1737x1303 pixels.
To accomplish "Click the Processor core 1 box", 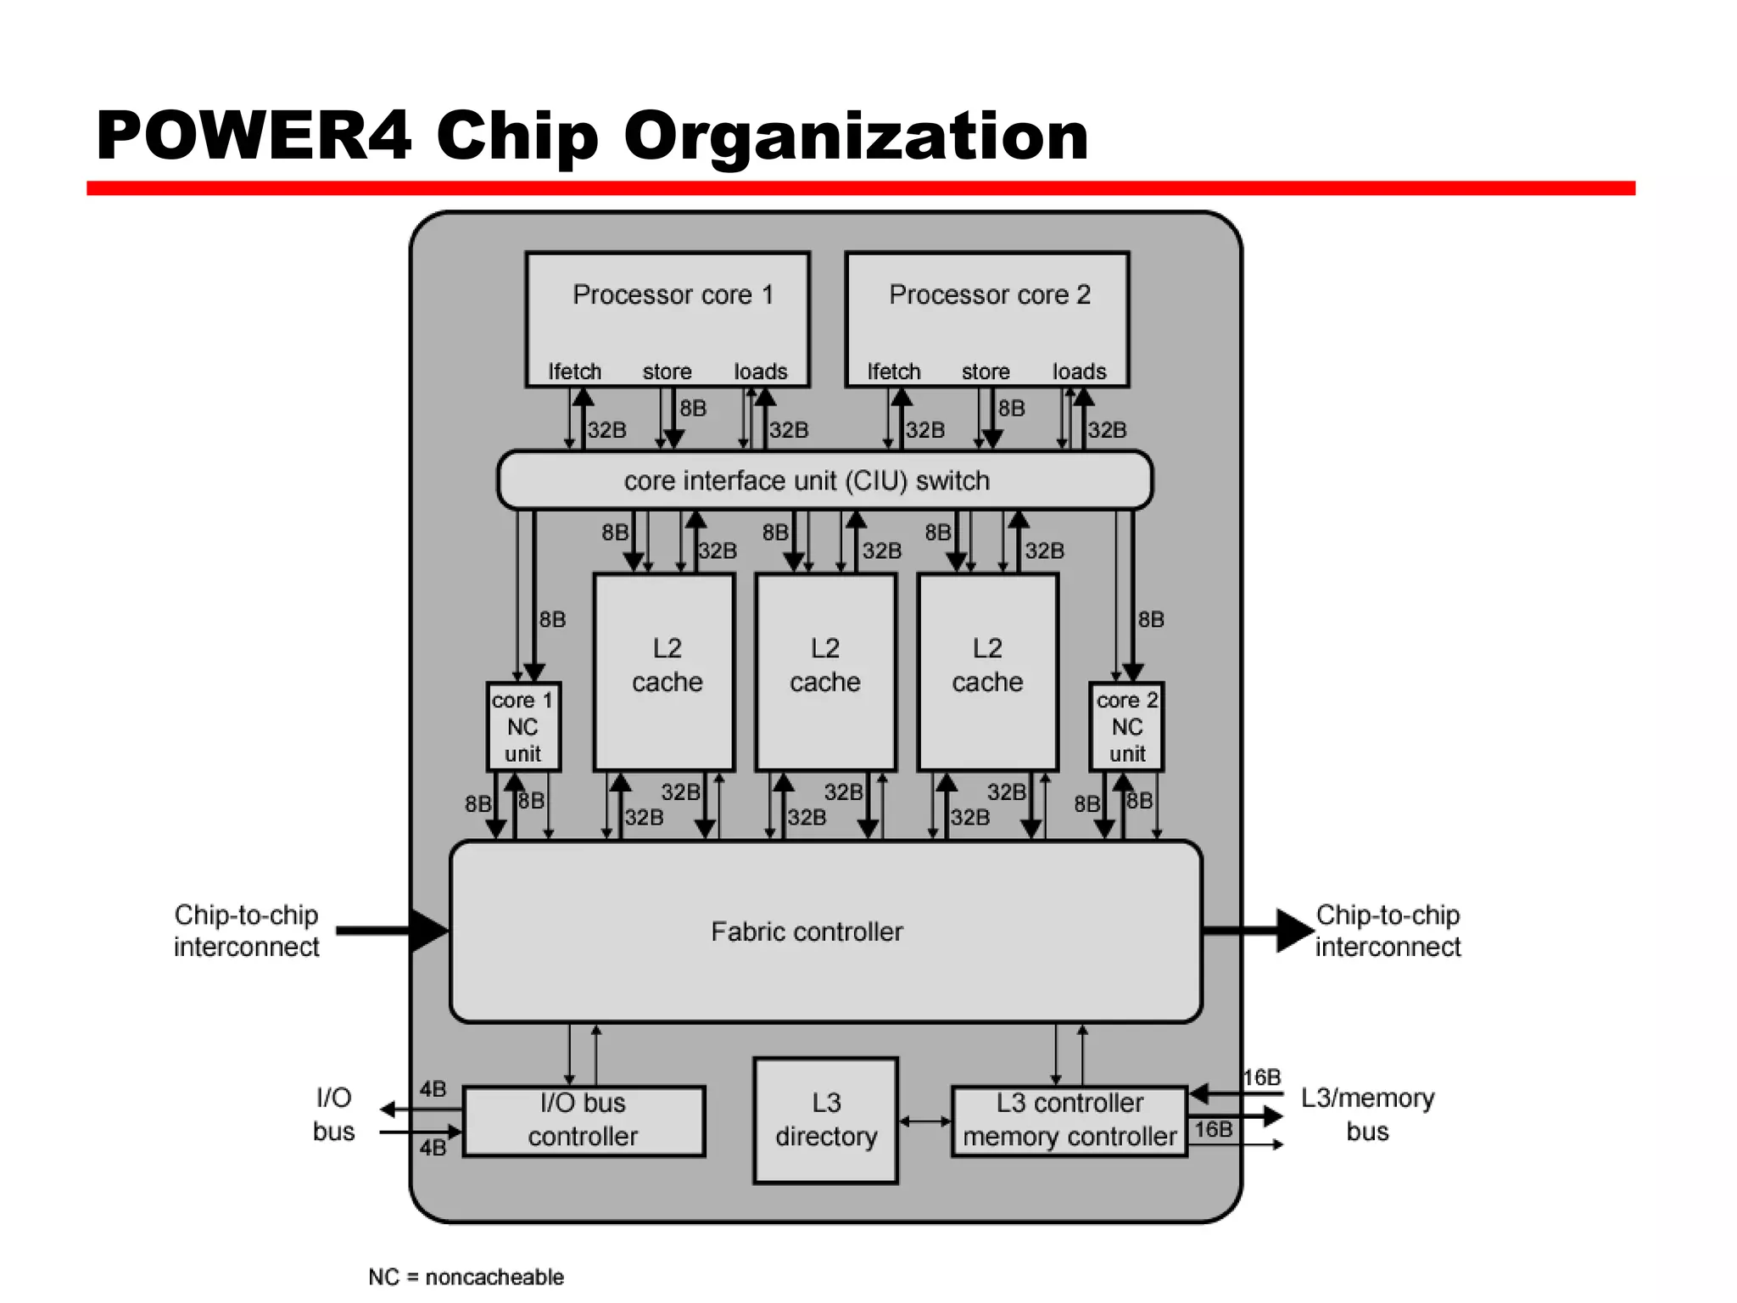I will (x=667, y=319).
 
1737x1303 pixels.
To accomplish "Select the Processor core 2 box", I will (x=987, y=319).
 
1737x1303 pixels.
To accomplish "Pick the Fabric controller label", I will (x=807, y=931).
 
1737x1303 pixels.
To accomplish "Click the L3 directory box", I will (x=825, y=1120).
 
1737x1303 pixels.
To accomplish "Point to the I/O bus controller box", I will (x=584, y=1121).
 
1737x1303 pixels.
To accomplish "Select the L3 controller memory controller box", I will (x=1070, y=1121).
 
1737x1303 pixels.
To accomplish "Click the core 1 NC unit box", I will (x=523, y=727).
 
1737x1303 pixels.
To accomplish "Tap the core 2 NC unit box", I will (x=1126, y=727).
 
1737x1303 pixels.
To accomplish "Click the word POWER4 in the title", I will (x=254, y=136).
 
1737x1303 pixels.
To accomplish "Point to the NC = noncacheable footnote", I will (x=466, y=1277).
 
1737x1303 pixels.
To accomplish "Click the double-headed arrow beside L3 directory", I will (x=924, y=1121).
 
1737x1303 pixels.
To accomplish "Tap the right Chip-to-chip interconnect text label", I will (x=1388, y=931).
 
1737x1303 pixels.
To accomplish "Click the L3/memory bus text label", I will (x=1367, y=1115).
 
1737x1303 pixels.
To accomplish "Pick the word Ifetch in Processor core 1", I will (x=574, y=372).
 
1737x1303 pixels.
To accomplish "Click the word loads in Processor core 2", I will (x=1079, y=372).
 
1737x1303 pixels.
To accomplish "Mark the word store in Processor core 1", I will (x=667, y=372).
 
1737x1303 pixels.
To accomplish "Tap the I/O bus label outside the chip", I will (x=333, y=1115).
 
